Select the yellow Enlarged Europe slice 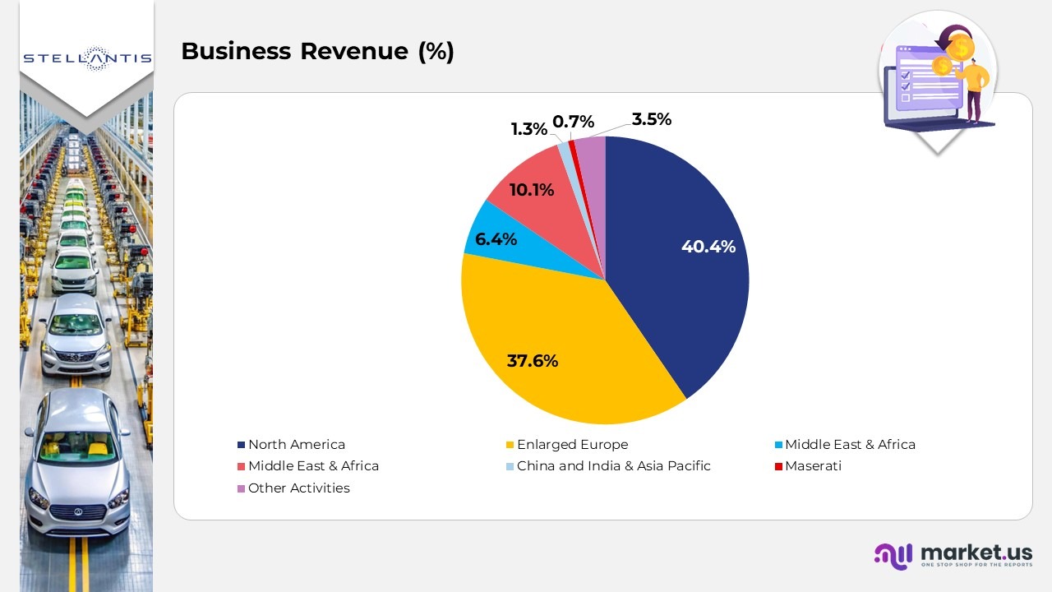pos(559,345)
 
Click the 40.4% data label pos(708,247)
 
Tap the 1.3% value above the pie pos(528,129)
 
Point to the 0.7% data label pos(573,122)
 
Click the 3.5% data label pos(652,119)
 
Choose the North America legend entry pos(296,445)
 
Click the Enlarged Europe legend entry pos(572,445)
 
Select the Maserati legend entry pos(813,466)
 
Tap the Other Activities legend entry pos(298,488)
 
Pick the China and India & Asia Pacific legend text pos(613,466)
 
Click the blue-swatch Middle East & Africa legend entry pos(850,445)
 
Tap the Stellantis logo pos(87,58)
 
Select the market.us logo pos(953,556)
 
